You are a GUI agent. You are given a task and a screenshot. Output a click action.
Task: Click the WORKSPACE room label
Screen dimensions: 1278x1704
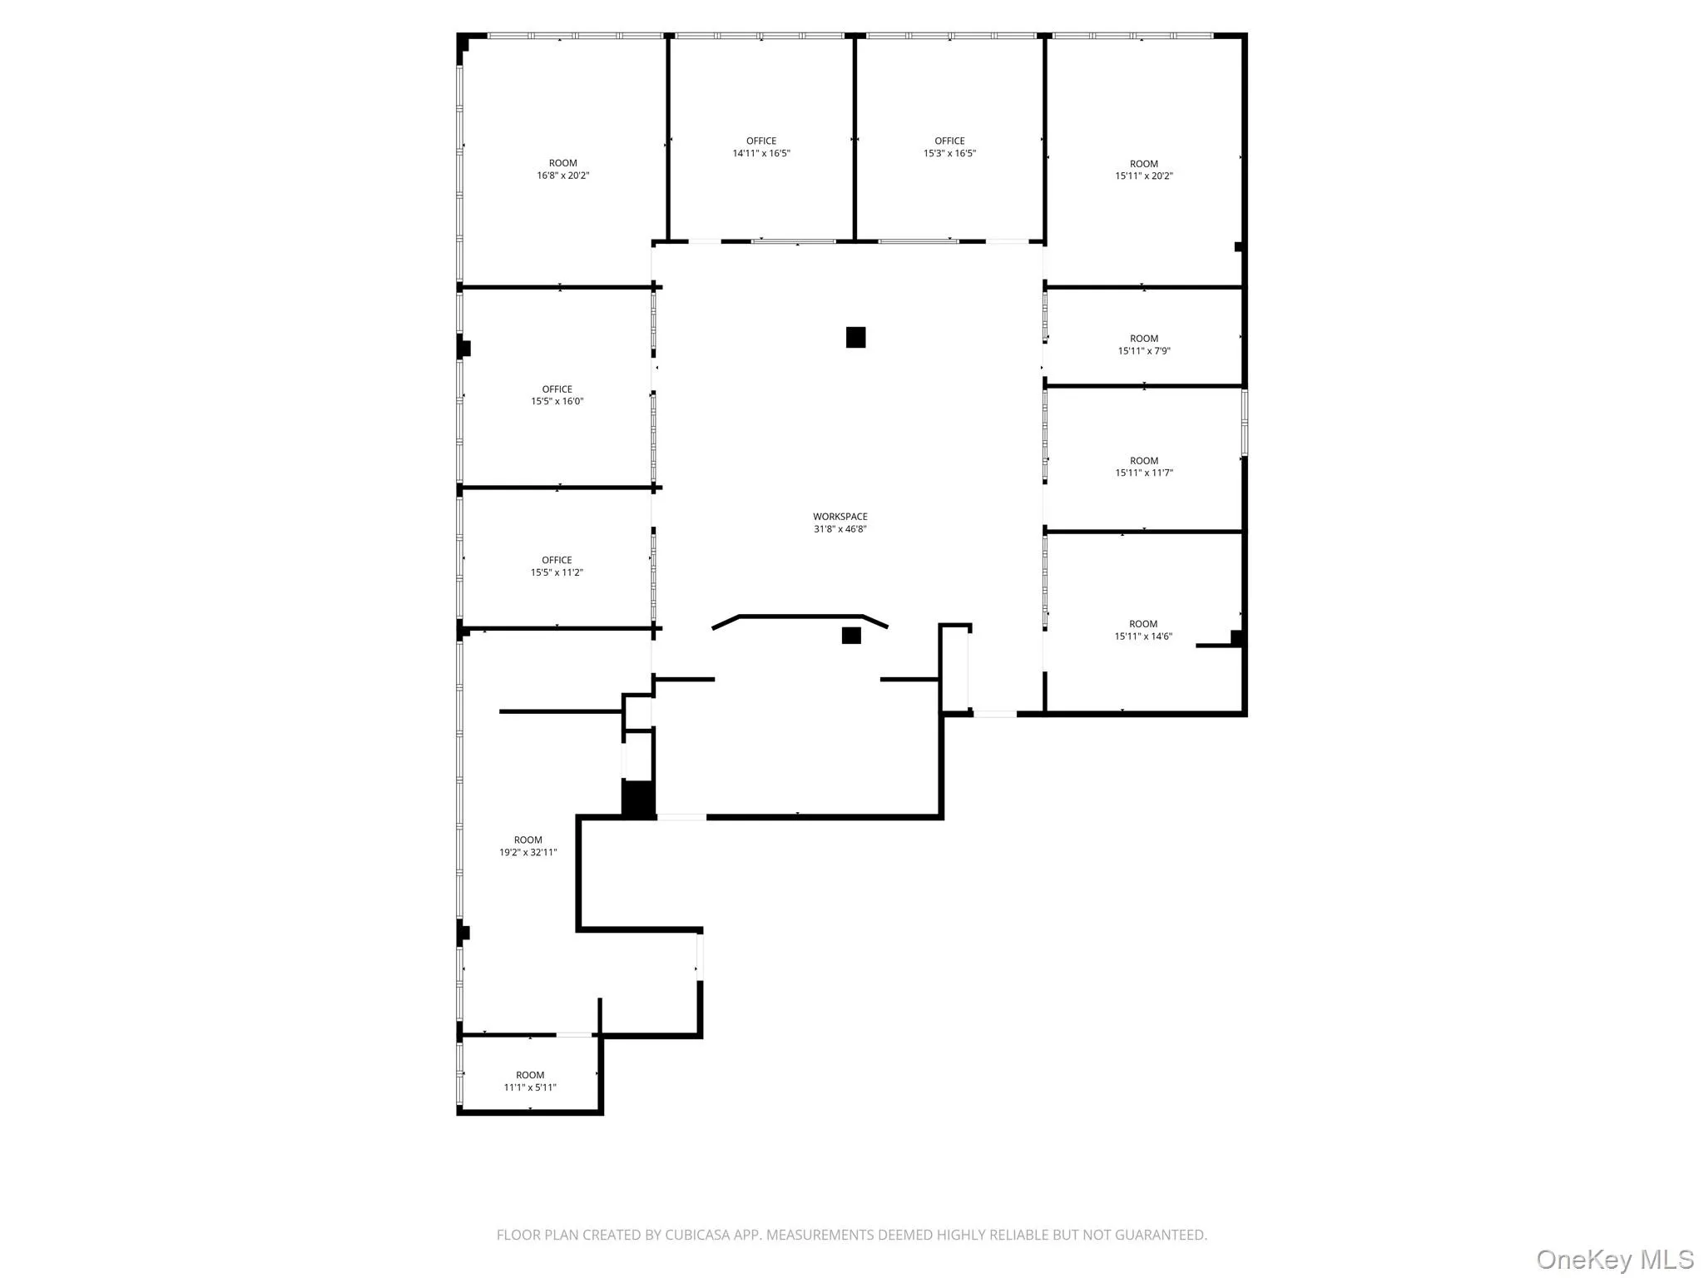tap(840, 517)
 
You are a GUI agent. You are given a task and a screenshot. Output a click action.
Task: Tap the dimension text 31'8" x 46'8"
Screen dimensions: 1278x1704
tap(840, 529)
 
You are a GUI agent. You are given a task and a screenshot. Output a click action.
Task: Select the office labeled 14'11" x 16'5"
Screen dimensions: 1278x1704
tap(760, 147)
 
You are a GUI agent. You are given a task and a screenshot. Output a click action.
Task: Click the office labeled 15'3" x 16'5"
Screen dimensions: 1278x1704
tap(949, 147)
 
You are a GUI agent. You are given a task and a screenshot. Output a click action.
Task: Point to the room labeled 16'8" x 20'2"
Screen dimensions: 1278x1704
tap(562, 170)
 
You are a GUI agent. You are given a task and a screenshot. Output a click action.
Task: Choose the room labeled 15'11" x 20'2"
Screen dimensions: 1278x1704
tap(1143, 170)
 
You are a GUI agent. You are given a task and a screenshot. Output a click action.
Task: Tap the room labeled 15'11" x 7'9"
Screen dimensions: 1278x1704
tap(1143, 344)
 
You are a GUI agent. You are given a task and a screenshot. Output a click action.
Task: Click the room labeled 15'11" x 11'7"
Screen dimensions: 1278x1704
tap(1143, 467)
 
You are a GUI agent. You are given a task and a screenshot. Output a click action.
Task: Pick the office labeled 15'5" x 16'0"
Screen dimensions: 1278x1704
tap(557, 395)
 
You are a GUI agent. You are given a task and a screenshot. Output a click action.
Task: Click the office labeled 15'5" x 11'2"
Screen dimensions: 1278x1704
tap(557, 566)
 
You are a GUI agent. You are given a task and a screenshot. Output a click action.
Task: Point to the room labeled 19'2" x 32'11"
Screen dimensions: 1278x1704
tap(528, 846)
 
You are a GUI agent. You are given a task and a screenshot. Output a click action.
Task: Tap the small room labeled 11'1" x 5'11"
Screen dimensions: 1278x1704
tap(529, 1081)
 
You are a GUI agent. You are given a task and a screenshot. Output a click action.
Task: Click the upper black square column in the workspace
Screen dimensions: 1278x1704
tap(855, 337)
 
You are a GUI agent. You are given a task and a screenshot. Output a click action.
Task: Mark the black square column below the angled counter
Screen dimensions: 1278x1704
tap(850, 636)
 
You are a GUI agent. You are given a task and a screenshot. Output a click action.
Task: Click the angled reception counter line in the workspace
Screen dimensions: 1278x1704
tap(800, 617)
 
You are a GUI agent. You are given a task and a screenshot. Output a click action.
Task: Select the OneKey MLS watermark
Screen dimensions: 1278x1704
tap(1613, 1259)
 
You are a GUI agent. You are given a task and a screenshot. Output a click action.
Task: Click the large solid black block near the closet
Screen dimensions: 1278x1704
tap(637, 799)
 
